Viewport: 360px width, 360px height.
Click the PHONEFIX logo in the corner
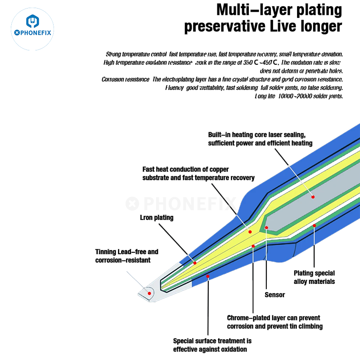pyautogui.click(x=32, y=27)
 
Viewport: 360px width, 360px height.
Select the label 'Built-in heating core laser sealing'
pyautogui.click(x=257, y=135)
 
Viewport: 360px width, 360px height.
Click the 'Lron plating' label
pyautogui.click(x=156, y=218)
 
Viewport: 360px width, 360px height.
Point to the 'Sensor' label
pyautogui.click(x=274, y=295)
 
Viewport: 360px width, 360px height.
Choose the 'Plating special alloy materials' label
pyautogui.click(x=314, y=277)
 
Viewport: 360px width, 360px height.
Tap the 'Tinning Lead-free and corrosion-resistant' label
pyautogui.click(x=126, y=256)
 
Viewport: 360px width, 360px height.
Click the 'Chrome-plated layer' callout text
pyautogui.click(x=274, y=322)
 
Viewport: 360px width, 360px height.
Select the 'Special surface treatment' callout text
pyautogui.click(x=212, y=345)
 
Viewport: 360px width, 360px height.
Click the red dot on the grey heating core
pyautogui.click(x=312, y=197)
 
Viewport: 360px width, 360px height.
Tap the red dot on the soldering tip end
pyautogui.click(x=149, y=292)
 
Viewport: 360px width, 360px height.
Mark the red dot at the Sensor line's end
pyautogui.click(x=266, y=228)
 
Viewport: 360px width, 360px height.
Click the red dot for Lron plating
pyautogui.click(x=195, y=262)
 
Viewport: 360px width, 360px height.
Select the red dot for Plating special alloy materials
pyautogui.click(x=314, y=225)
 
